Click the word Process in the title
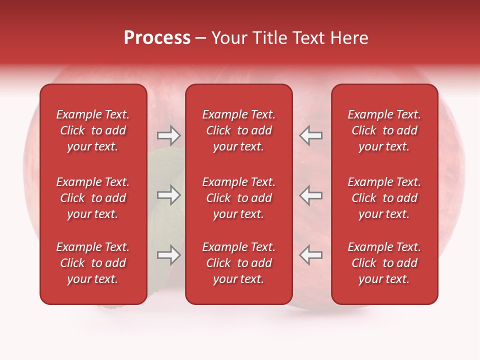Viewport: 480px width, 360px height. [157, 38]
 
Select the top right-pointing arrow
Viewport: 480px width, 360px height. [168, 135]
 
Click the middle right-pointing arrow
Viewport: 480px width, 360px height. [168, 195]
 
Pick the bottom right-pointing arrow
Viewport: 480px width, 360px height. [168, 255]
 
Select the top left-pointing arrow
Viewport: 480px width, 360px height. [311, 135]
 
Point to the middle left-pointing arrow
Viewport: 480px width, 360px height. [311, 195]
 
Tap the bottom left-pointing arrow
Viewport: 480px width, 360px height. [311, 255]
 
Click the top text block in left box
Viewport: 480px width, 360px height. [93, 130]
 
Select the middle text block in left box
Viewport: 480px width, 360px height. [93, 198]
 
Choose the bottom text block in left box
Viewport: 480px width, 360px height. [93, 263]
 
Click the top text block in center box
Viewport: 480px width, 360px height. [238, 130]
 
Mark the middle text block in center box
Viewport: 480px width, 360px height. [238, 198]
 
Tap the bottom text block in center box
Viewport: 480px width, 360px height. [238, 263]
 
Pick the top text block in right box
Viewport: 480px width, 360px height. [384, 130]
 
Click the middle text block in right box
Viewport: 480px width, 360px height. [384, 198]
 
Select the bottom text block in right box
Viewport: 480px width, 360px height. [384, 263]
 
